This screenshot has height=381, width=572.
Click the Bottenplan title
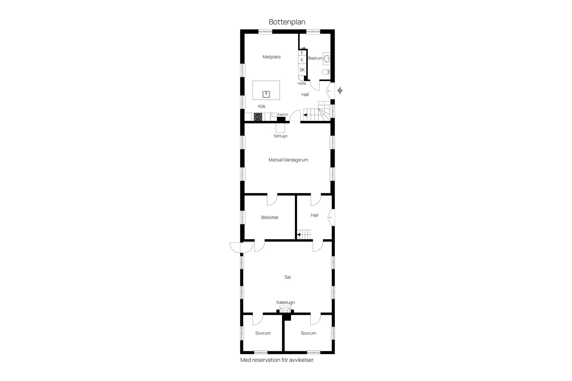(x=287, y=22)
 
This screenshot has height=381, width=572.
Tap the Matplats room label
(x=271, y=57)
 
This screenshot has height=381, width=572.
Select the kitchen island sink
(x=266, y=94)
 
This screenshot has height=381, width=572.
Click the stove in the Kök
(x=258, y=117)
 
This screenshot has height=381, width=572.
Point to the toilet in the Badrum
(x=326, y=72)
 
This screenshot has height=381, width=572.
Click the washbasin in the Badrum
(x=327, y=59)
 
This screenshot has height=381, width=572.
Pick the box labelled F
(x=302, y=53)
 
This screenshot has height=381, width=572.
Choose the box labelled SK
(x=302, y=70)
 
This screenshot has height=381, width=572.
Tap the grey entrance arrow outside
(x=340, y=90)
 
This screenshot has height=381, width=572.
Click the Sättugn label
(x=281, y=136)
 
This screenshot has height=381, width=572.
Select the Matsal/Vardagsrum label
(x=288, y=160)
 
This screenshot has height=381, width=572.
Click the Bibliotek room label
(x=270, y=218)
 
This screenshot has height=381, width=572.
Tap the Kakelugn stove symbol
(x=285, y=310)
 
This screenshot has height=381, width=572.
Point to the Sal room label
(x=287, y=277)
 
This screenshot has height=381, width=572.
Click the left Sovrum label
(x=263, y=333)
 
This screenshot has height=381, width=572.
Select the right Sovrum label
(x=308, y=333)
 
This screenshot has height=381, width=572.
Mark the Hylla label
(x=302, y=83)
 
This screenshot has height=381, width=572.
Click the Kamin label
(x=283, y=115)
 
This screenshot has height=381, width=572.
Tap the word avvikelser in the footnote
(x=301, y=360)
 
